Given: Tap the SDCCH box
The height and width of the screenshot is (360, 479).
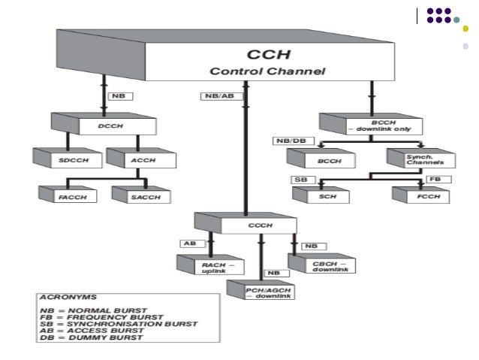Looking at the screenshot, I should [x=59, y=160].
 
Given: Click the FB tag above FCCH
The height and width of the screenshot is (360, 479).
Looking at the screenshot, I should [x=435, y=180].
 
